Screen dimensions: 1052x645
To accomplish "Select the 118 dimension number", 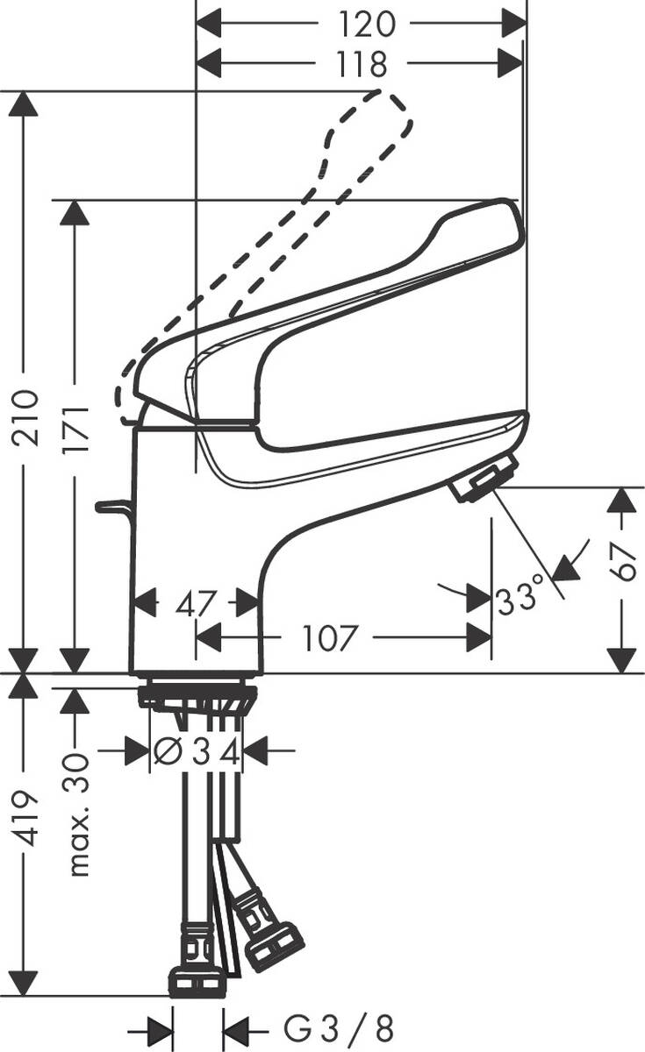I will tap(360, 63).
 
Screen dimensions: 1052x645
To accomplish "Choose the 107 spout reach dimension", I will tap(331, 638).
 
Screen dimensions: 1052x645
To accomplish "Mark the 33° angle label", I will tap(521, 601).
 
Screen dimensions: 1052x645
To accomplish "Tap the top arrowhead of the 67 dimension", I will tap(620, 500).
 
